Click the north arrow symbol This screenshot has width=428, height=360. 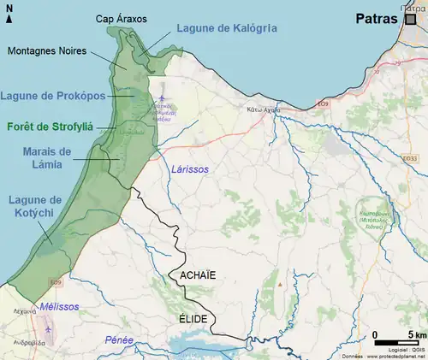[9, 13]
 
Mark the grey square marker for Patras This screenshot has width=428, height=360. [411, 20]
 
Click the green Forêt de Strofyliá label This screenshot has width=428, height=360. [50, 127]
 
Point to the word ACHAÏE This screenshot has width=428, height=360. [198, 275]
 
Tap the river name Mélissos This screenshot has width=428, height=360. [60, 306]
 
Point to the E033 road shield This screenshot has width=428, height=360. [412, 158]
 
